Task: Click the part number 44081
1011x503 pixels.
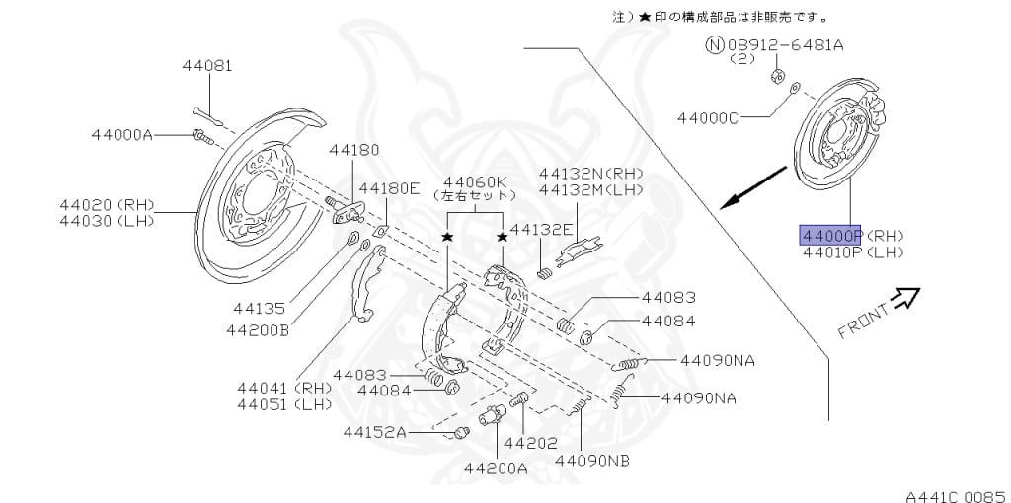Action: [206, 66]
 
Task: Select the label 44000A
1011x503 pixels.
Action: [122, 134]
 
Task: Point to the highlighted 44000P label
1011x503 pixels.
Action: [830, 235]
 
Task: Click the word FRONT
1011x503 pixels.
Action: [863, 321]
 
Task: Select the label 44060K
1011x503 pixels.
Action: [475, 181]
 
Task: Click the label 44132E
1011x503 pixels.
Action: [542, 229]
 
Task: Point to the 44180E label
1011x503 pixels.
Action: [389, 187]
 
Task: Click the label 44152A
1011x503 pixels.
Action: [375, 431]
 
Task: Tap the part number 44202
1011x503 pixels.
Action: [531, 442]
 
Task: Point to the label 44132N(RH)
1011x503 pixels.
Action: [589, 173]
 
